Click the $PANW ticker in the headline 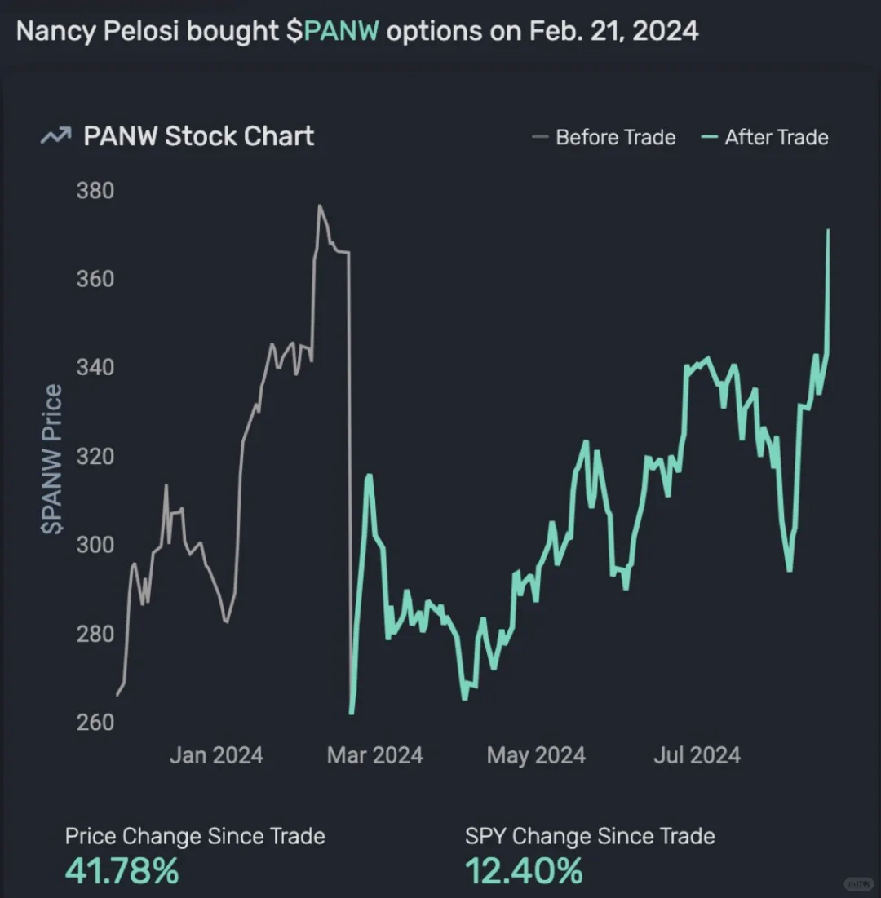[341, 32]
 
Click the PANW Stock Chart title [198, 136]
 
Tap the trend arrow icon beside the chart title [55, 137]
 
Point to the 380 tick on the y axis [95, 191]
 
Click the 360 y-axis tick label [95, 279]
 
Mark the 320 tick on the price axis [95, 456]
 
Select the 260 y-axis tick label [95, 722]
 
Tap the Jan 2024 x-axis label [216, 755]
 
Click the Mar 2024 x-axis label [375, 755]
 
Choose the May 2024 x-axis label [536, 755]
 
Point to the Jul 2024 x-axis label [697, 755]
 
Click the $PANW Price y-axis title [52, 459]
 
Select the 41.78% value [122, 871]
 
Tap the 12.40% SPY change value [524, 871]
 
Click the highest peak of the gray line [320, 206]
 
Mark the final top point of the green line [828, 231]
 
